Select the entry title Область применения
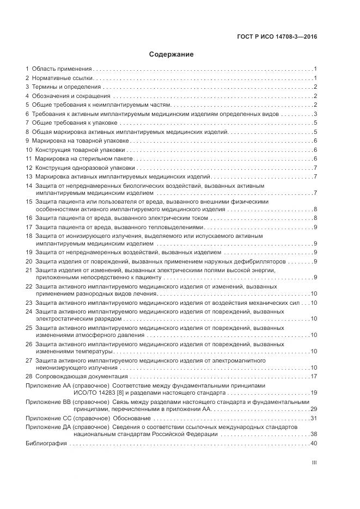point(62,69)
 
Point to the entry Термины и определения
point(66,87)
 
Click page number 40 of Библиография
point(314,444)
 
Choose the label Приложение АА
point(48,385)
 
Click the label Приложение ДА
point(48,427)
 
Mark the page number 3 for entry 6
point(315,114)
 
